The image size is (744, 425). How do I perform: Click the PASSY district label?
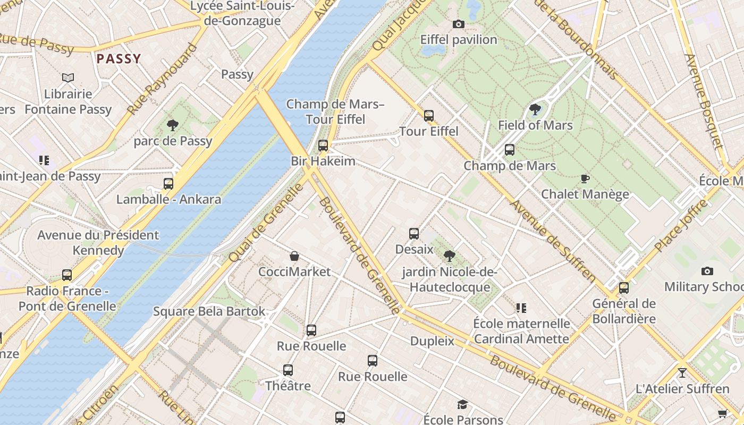119,59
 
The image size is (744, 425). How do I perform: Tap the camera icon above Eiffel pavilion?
458,24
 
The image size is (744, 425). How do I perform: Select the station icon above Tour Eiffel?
428,115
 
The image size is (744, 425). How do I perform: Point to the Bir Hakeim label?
323,161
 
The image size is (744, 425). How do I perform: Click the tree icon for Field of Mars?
535,110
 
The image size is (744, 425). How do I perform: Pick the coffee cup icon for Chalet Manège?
585,178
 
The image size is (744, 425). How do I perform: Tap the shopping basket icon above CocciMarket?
294,256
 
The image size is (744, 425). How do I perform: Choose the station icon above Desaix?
414,234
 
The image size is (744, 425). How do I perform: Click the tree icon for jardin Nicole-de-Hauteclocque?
449,256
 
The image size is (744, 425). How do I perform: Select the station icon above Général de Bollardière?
624,288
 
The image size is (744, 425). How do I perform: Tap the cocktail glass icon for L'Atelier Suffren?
682,373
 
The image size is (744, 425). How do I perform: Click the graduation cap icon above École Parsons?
462,405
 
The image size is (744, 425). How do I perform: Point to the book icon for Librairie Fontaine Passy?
68,78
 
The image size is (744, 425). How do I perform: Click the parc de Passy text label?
173,141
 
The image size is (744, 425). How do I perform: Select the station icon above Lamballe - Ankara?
168,184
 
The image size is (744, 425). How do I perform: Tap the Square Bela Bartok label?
209,311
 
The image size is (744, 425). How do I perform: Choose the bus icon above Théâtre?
288,370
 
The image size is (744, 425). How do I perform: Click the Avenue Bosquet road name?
704,101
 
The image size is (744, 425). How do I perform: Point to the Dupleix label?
432,341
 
